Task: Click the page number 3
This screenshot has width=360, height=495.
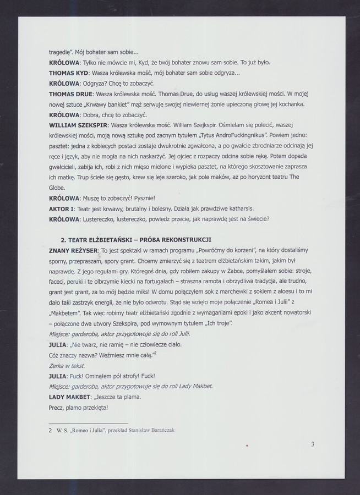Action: [x=313, y=444]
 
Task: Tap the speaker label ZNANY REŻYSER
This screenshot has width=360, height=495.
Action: [x=71, y=250]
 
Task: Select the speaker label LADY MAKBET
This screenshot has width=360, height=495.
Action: [x=69, y=397]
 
